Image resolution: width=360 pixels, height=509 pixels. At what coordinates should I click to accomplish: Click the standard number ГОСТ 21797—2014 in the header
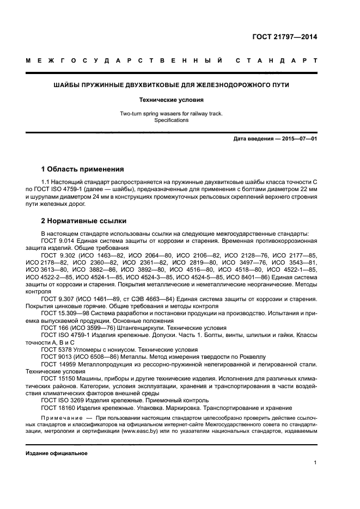pos(284,38)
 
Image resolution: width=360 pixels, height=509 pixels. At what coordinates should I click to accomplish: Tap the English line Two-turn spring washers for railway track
pos(171,114)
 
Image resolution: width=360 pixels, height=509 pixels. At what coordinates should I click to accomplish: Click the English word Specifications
pos(171,120)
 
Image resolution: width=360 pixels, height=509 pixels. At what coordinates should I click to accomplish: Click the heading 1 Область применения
pos(82,169)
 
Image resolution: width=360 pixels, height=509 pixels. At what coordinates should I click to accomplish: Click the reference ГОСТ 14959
pos(57,364)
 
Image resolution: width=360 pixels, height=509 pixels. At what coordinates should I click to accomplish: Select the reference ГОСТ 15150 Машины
pos(57,379)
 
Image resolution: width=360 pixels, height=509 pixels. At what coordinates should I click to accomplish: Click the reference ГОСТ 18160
pos(57,408)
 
